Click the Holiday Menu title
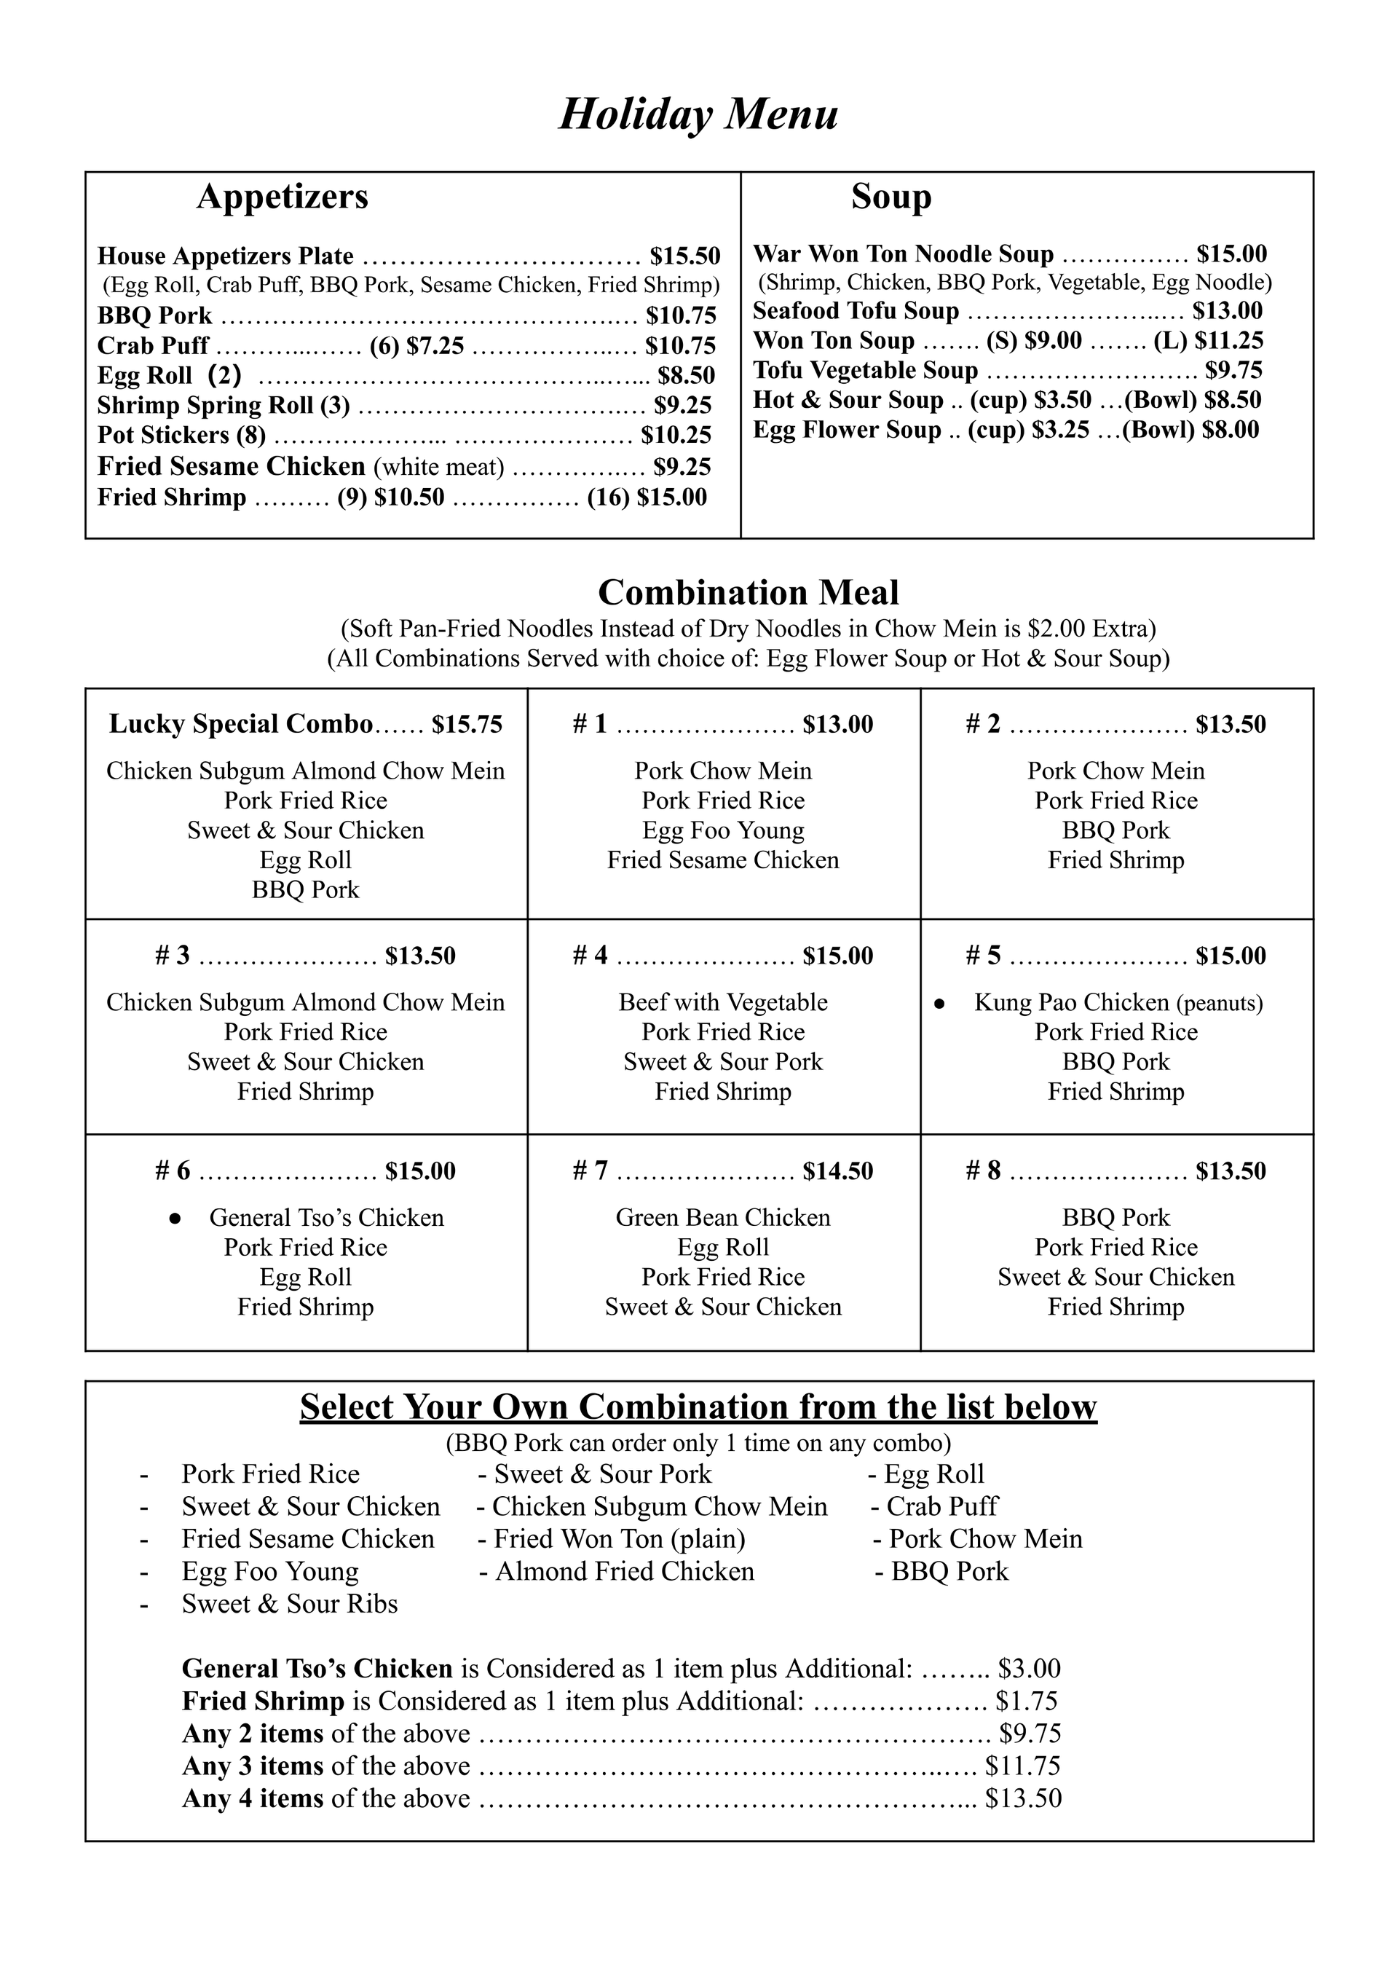tap(698, 114)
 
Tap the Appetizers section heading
tap(282, 197)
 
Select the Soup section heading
tap(890, 197)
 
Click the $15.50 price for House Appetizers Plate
tap(684, 256)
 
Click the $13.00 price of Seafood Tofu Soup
tap(1228, 311)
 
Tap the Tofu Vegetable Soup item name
tap(865, 371)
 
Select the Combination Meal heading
tap(748, 593)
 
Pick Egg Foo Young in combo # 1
tap(723, 831)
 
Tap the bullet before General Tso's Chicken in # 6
tap(175, 1219)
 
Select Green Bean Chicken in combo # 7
tap(723, 1218)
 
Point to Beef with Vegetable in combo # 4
tap(723, 1002)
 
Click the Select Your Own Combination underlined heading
tap(698, 1407)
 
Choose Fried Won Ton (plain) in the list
tap(618, 1538)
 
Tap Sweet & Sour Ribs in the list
tap(290, 1604)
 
